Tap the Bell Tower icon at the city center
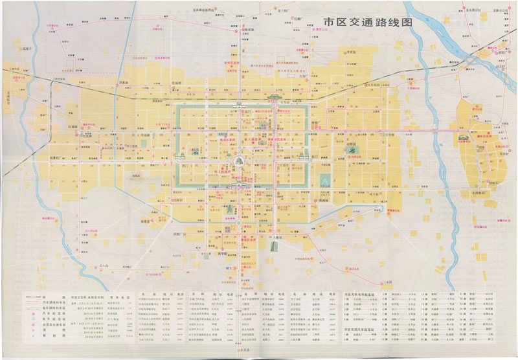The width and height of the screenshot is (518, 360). (x=239, y=159)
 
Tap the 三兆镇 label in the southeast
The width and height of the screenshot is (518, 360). (x=387, y=282)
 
